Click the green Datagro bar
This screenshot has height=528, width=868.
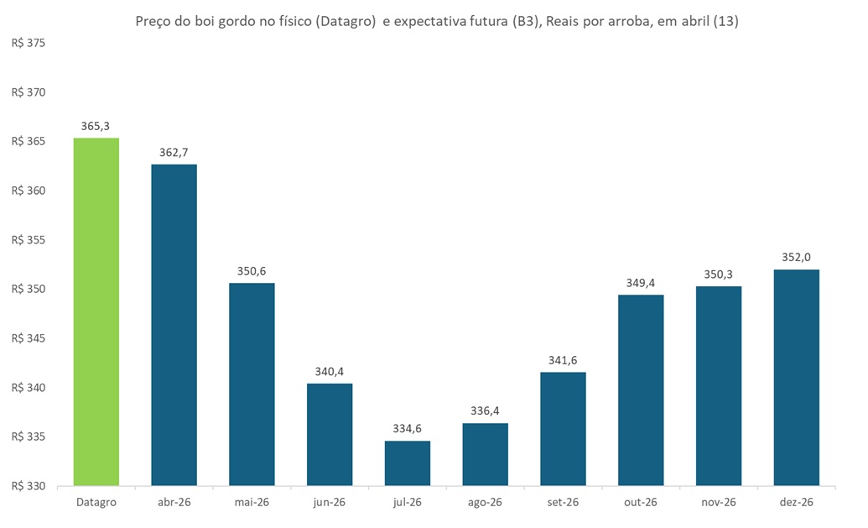click(96, 312)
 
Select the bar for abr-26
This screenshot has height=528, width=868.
click(174, 325)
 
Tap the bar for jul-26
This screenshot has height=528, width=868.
click(408, 463)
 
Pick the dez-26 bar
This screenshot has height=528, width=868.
click(796, 378)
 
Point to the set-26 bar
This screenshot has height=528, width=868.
click(563, 429)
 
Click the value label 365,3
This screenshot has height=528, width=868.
click(96, 126)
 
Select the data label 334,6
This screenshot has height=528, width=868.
click(408, 429)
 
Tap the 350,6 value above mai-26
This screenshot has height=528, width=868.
click(252, 271)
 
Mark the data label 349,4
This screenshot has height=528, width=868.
click(641, 283)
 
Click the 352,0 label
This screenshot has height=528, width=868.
click(796, 258)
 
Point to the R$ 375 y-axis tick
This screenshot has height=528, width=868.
click(28, 44)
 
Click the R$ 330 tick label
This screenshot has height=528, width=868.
click(28, 486)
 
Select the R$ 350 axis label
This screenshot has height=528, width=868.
click(28, 290)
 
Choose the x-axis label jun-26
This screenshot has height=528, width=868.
click(330, 502)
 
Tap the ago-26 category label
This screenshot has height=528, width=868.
click(485, 502)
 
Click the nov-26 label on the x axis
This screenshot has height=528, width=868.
click(718, 502)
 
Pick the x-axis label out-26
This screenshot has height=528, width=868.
click(641, 502)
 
